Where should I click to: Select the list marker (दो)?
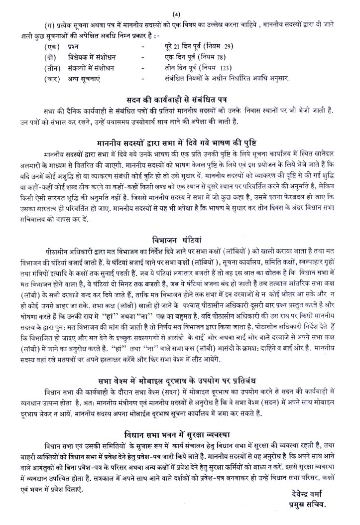pyautogui.click(x=50, y=57)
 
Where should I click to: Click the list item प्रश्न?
pyautogui.click(x=74, y=47)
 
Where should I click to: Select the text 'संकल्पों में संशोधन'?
pyautogui.click(x=92, y=68)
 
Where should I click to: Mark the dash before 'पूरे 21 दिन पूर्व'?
pyautogui.click(x=143, y=47)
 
